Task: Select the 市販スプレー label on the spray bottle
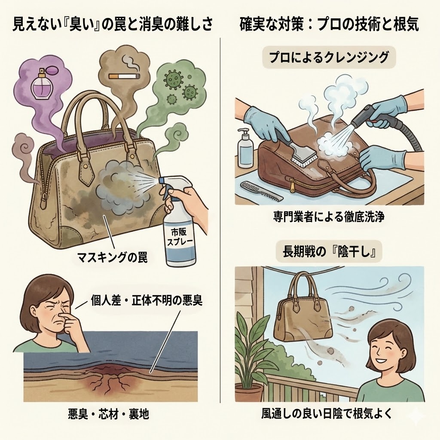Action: tap(179, 237)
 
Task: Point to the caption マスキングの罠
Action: tap(112, 257)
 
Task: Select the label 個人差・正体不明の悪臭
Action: tap(146, 301)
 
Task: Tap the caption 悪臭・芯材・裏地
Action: tap(108, 414)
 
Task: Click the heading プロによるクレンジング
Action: tap(329, 57)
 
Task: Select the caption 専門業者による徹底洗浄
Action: tap(329, 217)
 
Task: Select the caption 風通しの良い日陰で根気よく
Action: tap(327, 413)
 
